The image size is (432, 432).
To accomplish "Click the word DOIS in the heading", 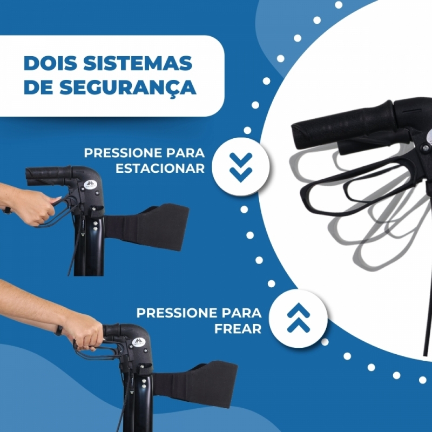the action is (x=50, y=63).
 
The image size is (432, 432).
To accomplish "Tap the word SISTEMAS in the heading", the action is (x=138, y=63).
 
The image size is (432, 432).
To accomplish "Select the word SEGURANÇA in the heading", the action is (x=128, y=87).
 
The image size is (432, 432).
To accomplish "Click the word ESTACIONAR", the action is (x=160, y=168).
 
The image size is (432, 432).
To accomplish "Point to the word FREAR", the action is (x=238, y=329).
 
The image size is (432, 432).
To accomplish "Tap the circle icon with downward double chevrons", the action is (x=241, y=167).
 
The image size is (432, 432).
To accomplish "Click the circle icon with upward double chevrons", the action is (x=299, y=318).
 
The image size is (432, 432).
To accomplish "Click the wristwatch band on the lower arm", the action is (x=59, y=330).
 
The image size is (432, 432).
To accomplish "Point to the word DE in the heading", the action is (x=38, y=87).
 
